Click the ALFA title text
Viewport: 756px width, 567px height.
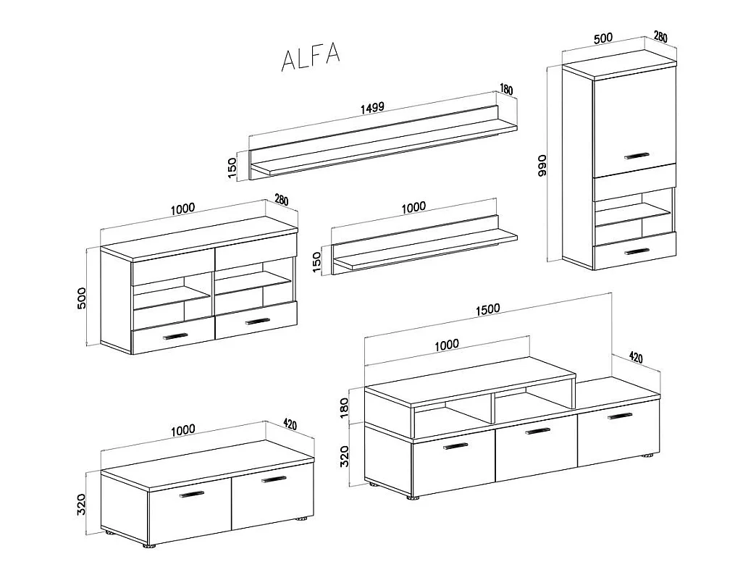(x=311, y=56)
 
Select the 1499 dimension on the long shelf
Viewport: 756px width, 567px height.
(x=372, y=107)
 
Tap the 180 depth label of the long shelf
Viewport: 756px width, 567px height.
(x=505, y=89)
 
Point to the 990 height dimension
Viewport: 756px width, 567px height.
(x=542, y=165)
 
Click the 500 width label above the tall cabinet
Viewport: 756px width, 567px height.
(x=602, y=38)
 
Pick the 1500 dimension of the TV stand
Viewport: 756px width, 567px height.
(x=487, y=309)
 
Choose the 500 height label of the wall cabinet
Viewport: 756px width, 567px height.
(x=82, y=298)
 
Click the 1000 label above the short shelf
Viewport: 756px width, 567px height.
(x=413, y=207)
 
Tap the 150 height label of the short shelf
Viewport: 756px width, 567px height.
(x=316, y=262)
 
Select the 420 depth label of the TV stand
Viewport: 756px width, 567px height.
(x=636, y=357)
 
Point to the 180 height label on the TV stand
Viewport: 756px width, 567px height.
(x=344, y=408)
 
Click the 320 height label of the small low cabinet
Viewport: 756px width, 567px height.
(x=81, y=504)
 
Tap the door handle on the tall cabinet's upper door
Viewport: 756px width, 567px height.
(x=637, y=156)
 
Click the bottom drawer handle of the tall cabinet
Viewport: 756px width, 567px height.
(x=637, y=252)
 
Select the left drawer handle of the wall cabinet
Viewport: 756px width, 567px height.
(x=175, y=337)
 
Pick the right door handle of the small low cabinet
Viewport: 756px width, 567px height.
(x=274, y=479)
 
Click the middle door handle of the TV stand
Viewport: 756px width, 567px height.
(x=537, y=431)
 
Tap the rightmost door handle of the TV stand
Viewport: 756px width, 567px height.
(x=620, y=416)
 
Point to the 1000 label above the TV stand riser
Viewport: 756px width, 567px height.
(x=447, y=345)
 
